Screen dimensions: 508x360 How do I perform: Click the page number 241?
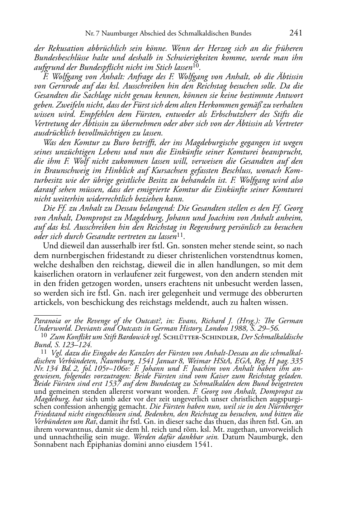(296, 33)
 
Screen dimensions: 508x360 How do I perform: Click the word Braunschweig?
(60, 171)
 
